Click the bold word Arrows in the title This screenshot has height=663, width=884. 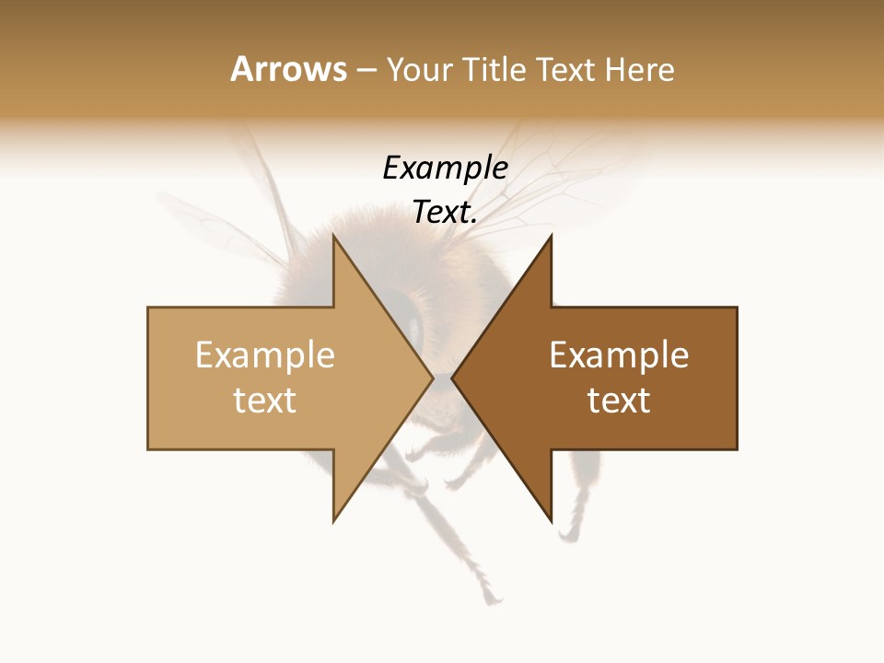click(x=288, y=69)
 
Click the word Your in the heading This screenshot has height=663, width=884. click(x=420, y=69)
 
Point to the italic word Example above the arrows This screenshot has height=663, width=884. click(x=445, y=169)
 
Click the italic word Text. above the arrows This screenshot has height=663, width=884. click(x=445, y=213)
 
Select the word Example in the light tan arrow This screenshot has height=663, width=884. click(x=265, y=355)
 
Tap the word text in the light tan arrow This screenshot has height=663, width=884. click(x=265, y=401)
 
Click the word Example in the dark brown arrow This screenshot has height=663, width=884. click(x=619, y=355)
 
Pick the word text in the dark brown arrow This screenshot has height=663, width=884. click(x=619, y=401)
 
